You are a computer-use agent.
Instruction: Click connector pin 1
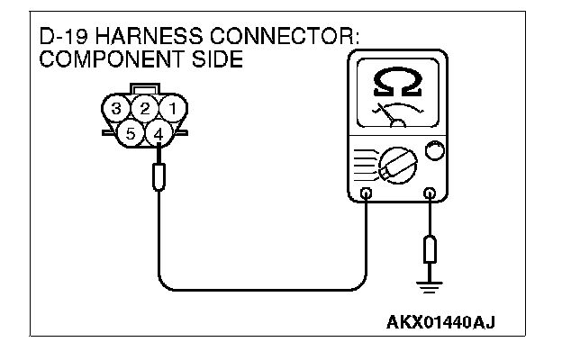pyautogui.click(x=176, y=109)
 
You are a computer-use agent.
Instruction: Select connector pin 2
pyautogui.click(x=144, y=109)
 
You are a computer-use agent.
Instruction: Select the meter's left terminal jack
pyautogui.click(x=365, y=193)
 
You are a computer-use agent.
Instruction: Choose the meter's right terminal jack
pyautogui.click(x=430, y=193)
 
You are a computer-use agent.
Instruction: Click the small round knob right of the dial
pyautogui.click(x=434, y=151)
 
